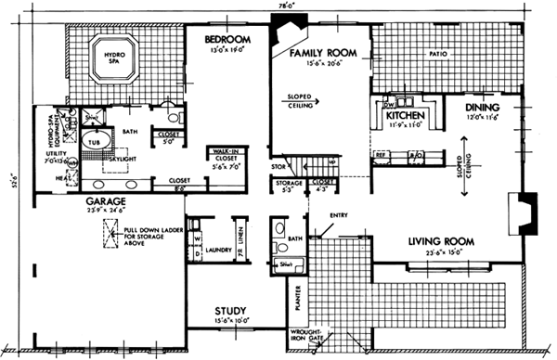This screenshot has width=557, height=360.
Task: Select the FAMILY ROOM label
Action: [x=324, y=55]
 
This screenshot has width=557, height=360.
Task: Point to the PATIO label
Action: [x=440, y=54]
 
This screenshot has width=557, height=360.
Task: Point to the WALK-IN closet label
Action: [x=227, y=151]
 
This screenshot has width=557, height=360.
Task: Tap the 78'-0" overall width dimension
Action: [x=278, y=6]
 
